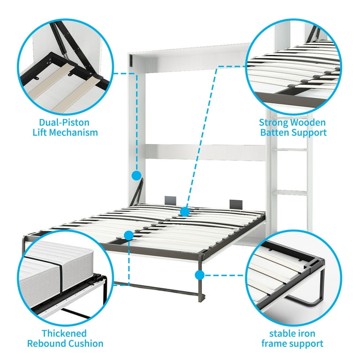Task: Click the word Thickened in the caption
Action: pyautogui.click(x=65, y=333)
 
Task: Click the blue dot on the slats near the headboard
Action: pyautogui.click(x=185, y=212)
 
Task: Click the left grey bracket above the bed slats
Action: pyautogui.click(x=169, y=200)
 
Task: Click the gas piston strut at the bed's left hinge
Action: pyautogui.click(x=139, y=193)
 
